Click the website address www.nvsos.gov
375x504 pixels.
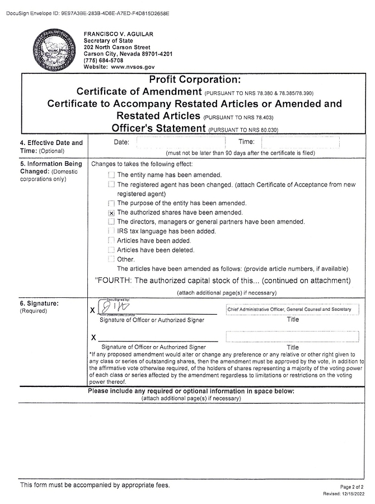132,67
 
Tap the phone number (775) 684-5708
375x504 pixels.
104,60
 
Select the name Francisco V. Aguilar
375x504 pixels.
118,35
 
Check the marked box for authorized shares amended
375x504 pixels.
111,213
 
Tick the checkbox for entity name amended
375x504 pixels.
111,175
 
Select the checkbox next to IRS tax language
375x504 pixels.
111,231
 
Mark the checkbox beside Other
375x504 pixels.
111,259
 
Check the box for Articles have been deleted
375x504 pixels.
111,250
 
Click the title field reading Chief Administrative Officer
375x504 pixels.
292,309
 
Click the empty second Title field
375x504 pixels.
292,337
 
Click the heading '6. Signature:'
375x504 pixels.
39,304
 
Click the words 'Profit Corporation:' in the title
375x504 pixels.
194,80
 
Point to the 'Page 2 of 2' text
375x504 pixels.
351,487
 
